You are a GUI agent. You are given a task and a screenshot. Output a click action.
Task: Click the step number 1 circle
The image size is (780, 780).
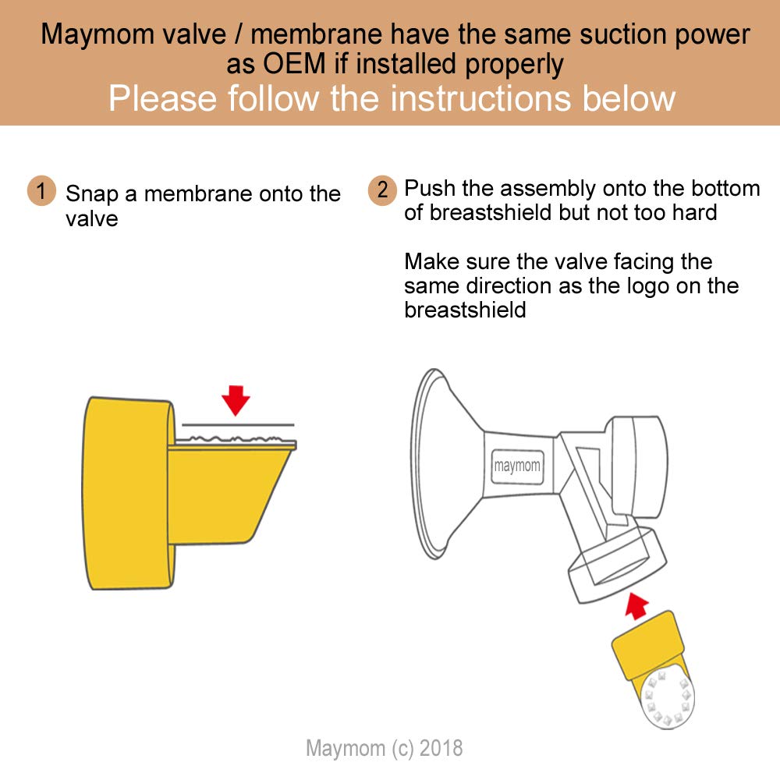tap(41, 191)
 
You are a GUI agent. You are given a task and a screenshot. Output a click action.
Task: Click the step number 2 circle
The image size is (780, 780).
tap(381, 190)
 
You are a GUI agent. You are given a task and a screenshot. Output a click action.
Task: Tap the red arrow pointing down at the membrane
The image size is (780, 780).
tap(235, 399)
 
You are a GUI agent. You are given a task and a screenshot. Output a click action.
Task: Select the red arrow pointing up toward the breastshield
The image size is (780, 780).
tap(638, 604)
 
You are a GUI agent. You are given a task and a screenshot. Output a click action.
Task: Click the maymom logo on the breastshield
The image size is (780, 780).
tap(516, 467)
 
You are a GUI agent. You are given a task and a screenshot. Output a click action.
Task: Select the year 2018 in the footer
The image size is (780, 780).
tap(441, 748)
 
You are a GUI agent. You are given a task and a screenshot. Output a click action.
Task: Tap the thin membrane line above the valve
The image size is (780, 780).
tap(238, 424)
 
